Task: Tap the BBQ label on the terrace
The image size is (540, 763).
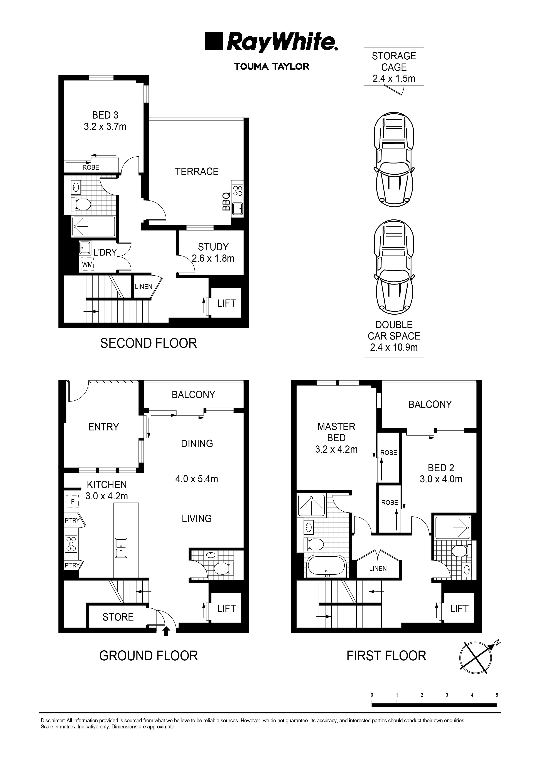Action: pos(226,201)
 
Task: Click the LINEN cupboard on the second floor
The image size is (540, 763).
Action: pos(143,287)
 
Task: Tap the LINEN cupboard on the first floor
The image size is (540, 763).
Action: pos(378,568)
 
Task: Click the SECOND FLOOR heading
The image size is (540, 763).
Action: pos(148,343)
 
